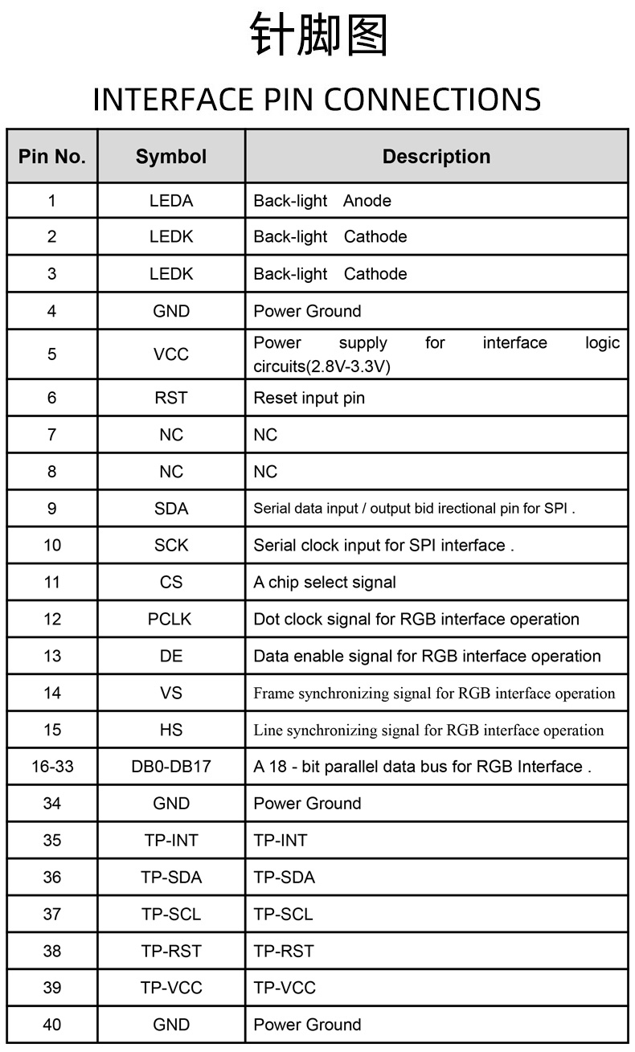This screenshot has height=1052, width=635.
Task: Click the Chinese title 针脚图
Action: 318,36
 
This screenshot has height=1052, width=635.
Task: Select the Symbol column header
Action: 171,157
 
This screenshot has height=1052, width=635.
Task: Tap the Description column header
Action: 436,157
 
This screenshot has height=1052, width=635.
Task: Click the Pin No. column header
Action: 52,157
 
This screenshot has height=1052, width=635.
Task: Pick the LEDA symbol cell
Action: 171,201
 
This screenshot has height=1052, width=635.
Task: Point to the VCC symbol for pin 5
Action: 171,354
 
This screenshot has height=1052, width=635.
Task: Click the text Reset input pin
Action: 309,398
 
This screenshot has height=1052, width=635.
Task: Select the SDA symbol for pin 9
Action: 171,509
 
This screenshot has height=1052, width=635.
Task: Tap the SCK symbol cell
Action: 171,546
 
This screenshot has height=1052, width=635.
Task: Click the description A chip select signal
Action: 325,583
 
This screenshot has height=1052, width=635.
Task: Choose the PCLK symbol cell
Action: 171,620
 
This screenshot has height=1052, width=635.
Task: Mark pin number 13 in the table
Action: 52,657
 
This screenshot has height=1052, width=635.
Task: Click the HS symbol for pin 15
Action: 171,730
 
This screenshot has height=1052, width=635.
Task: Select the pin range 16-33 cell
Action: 52,767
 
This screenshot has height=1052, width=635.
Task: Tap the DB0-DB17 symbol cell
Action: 171,767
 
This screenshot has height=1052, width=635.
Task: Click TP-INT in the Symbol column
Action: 171,841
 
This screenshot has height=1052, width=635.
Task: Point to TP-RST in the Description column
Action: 284,952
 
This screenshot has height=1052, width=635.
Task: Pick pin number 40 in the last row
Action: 52,1025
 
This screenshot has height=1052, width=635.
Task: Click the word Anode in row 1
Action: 367,201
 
